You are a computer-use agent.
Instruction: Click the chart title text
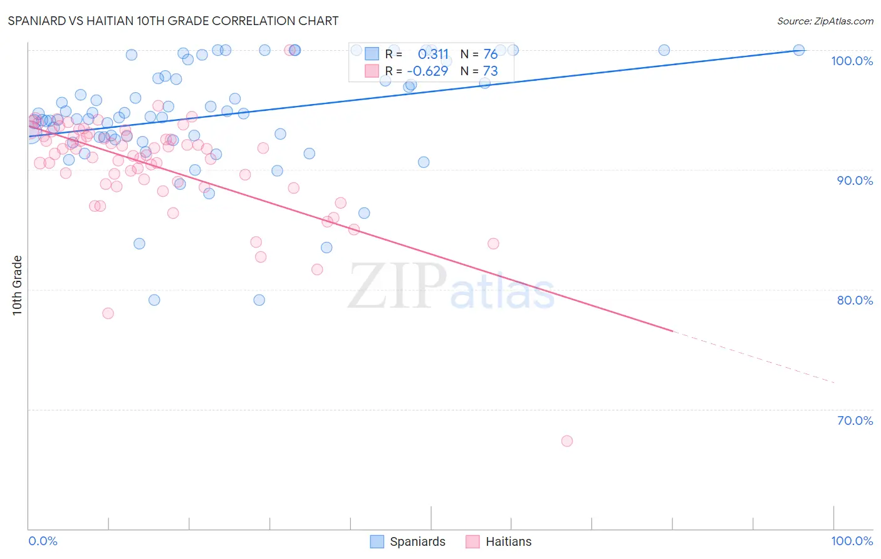point(173,21)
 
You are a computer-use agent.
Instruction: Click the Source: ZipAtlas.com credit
point(825,21)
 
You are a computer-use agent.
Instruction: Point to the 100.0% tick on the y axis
point(852,61)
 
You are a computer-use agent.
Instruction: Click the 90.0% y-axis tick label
point(855,180)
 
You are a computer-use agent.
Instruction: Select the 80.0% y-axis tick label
point(855,300)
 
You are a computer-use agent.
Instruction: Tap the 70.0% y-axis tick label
point(855,421)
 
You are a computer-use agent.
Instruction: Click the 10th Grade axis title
point(18,285)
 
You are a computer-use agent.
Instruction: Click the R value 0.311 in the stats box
point(433,55)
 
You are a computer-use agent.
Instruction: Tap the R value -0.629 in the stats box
point(427,71)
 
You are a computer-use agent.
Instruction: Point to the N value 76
point(490,55)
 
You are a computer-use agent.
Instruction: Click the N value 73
point(490,71)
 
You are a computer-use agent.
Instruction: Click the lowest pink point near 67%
point(567,441)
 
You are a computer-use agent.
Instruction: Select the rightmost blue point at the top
point(799,50)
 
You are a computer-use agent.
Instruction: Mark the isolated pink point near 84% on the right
point(493,244)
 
